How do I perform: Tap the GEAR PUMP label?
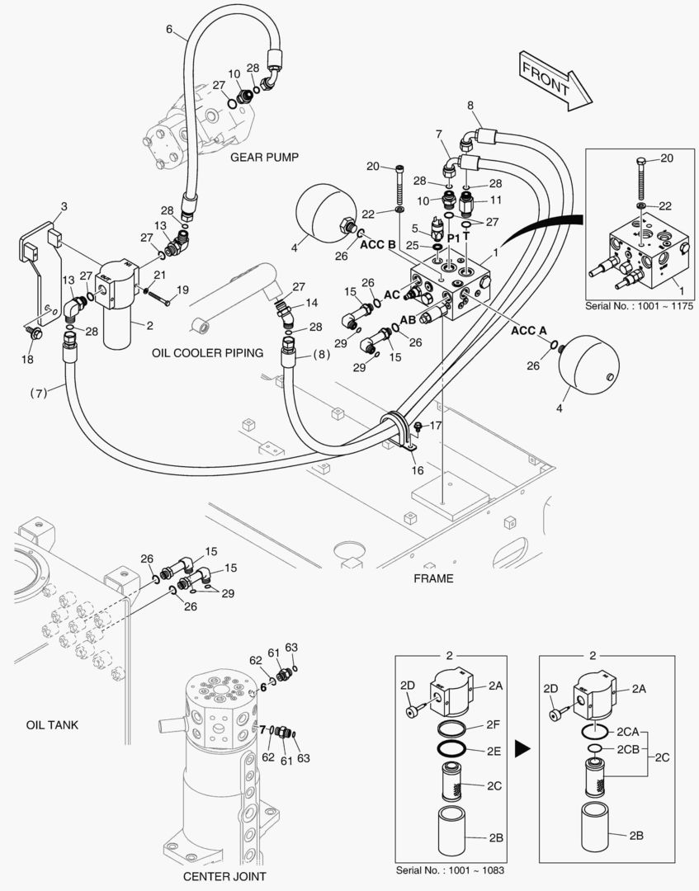264,157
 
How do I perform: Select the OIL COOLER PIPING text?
207,353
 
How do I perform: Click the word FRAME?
433,578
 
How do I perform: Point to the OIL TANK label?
51,725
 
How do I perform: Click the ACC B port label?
377,245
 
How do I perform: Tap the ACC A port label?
529,330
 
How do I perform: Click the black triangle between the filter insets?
522,749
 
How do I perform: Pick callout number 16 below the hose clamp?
418,470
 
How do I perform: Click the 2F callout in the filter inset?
493,724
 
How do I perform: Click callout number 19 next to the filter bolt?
183,290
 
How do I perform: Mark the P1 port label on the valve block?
453,238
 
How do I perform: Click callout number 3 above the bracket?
64,205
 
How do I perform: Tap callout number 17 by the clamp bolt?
436,426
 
